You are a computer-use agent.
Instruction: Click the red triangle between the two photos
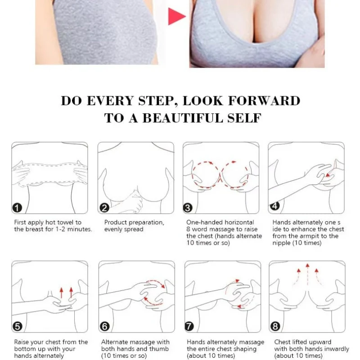176,16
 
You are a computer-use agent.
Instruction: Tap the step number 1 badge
17,208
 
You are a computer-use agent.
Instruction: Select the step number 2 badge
104,208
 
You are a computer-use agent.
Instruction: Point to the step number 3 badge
188,208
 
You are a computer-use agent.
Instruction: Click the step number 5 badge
18,326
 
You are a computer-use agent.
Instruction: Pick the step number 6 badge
104,326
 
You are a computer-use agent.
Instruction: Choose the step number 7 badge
189,326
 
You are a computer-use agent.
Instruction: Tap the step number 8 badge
275,326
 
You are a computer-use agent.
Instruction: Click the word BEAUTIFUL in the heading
183,118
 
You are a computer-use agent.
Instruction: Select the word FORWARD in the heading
264,101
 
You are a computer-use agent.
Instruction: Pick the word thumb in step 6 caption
159,349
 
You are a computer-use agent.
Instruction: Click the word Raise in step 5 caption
22,342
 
